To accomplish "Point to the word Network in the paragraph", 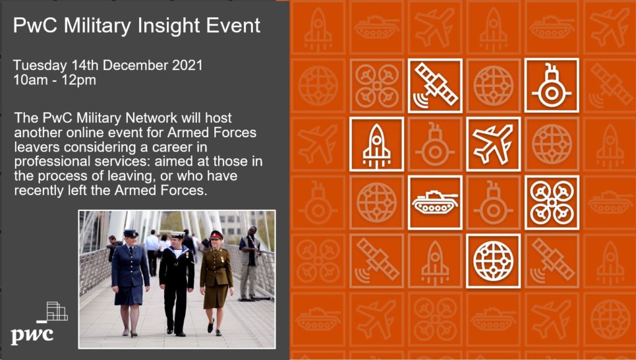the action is pyautogui.click(x=152, y=118).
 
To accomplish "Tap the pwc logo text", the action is pyautogui.click(x=32, y=335).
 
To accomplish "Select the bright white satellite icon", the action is pyautogui.click(x=435, y=86).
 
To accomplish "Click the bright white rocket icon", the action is pyautogui.click(x=376, y=145).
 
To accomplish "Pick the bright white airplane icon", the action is pyautogui.click(x=493, y=144).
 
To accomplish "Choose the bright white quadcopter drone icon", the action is pyautogui.click(x=552, y=203).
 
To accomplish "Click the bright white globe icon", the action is pyautogui.click(x=493, y=261).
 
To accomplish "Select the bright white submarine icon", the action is pyautogui.click(x=552, y=86).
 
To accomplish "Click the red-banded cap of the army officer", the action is pyautogui.click(x=217, y=235).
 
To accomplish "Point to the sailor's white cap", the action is pyautogui.click(x=177, y=235).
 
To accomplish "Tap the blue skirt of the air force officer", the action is pyautogui.click(x=129, y=294).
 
